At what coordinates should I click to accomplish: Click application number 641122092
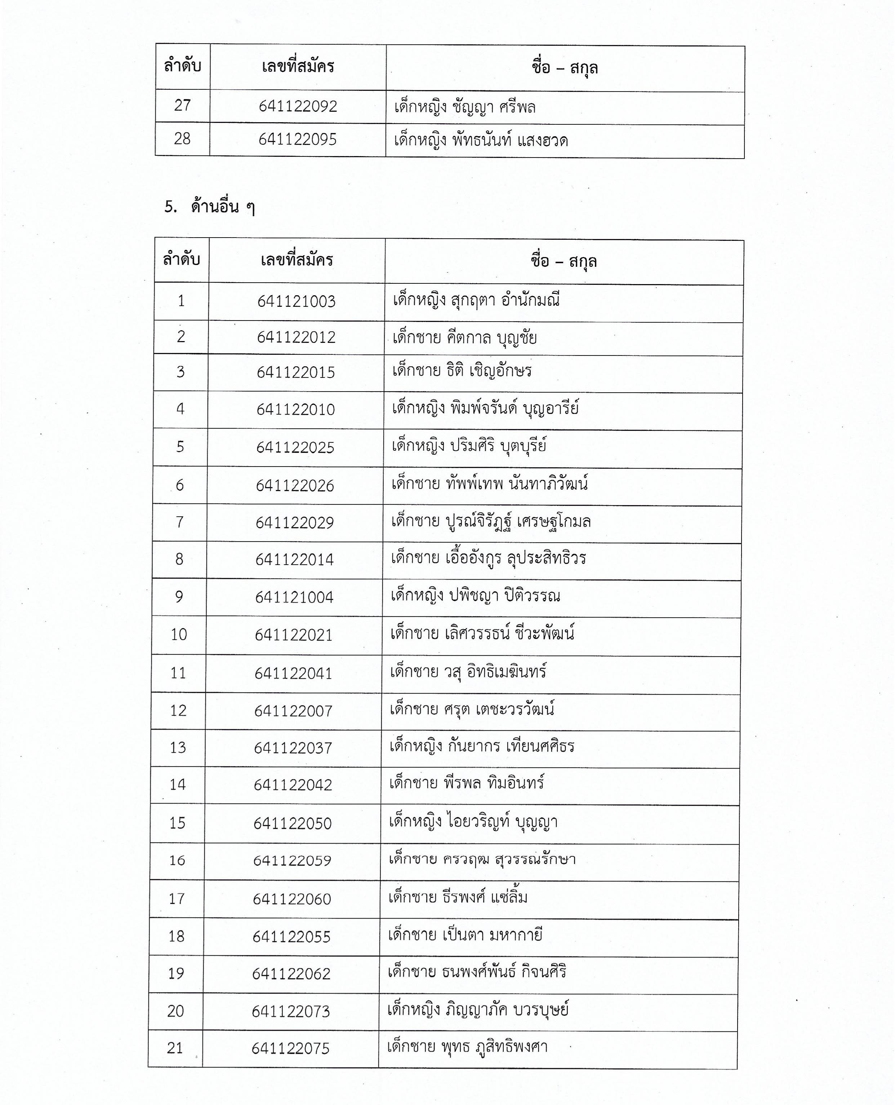pyautogui.click(x=298, y=106)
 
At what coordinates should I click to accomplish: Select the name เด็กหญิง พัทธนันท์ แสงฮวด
pyautogui.click(x=481, y=140)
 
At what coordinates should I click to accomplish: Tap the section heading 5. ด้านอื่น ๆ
pyautogui.click(x=209, y=207)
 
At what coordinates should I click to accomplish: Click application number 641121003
pyautogui.click(x=297, y=301)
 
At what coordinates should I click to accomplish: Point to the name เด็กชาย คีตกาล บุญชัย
pyautogui.click(x=464, y=338)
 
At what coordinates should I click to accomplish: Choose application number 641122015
pyautogui.click(x=296, y=372)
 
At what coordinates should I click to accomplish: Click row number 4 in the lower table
pyautogui.click(x=181, y=409)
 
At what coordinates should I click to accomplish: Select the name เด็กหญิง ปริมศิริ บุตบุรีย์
pyautogui.click(x=469, y=446)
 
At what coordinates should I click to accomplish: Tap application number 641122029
pyautogui.click(x=295, y=523)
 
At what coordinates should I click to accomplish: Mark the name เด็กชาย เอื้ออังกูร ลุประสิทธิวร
pyautogui.click(x=488, y=559)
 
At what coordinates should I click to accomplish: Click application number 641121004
pyautogui.click(x=294, y=597)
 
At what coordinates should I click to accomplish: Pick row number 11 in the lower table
pyautogui.click(x=178, y=673)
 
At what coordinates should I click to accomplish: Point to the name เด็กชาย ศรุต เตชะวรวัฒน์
pyautogui.click(x=472, y=710)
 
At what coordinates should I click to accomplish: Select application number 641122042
pyautogui.click(x=293, y=785)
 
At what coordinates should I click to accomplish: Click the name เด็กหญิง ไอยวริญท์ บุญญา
pyautogui.click(x=473, y=822)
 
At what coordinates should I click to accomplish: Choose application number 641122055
pyautogui.click(x=291, y=937)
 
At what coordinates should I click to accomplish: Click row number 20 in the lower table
pyautogui.click(x=176, y=1011)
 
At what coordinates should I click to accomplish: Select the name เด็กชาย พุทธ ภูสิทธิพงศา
pyautogui.click(x=467, y=1047)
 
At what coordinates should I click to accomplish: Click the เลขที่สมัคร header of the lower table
pyautogui.click(x=297, y=260)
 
